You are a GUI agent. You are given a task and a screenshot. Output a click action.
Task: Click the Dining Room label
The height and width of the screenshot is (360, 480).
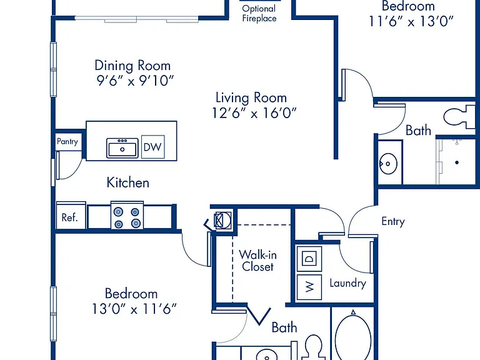pyautogui.click(x=132, y=66)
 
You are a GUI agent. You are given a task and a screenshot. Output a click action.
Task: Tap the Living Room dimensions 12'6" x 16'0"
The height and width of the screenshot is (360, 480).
pyautogui.click(x=254, y=113)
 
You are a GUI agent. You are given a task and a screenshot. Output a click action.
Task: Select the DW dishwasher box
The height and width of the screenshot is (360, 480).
pyautogui.click(x=152, y=147)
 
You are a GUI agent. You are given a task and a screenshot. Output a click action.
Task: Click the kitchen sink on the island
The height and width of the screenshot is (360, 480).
pyautogui.click(x=122, y=148)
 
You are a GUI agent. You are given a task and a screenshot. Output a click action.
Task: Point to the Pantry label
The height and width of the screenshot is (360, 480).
pyautogui.click(x=67, y=141)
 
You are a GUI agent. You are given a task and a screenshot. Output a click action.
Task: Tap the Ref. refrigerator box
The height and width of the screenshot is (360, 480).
pyautogui.click(x=71, y=216)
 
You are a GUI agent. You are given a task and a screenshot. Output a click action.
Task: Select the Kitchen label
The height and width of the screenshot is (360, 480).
pyautogui.click(x=127, y=182)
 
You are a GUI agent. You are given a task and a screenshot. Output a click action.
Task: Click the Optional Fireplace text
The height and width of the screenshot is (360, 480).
pyautogui.click(x=259, y=14)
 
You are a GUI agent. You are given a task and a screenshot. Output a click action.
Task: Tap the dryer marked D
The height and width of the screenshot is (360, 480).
pyautogui.click(x=309, y=259)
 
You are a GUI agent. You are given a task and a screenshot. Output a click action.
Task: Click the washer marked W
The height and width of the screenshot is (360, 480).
pyautogui.click(x=309, y=287)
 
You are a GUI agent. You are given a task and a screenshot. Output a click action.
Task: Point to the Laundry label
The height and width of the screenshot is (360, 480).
pyautogui.click(x=347, y=283)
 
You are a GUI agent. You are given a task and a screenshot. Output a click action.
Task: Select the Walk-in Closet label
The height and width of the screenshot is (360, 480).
pyautogui.click(x=257, y=261)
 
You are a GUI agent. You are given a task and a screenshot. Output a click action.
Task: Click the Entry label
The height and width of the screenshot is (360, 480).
pyautogui.click(x=393, y=221)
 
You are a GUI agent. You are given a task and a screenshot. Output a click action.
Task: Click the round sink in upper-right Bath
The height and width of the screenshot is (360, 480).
pyautogui.click(x=388, y=164)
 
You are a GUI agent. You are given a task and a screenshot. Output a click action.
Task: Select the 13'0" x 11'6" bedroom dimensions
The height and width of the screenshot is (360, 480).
pyautogui.click(x=134, y=309)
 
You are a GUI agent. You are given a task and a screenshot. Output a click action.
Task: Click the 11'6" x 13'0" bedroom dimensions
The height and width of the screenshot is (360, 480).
pyautogui.click(x=411, y=21)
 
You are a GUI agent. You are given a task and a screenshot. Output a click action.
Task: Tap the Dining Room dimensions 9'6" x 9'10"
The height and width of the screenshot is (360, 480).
pyautogui.click(x=135, y=81)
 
